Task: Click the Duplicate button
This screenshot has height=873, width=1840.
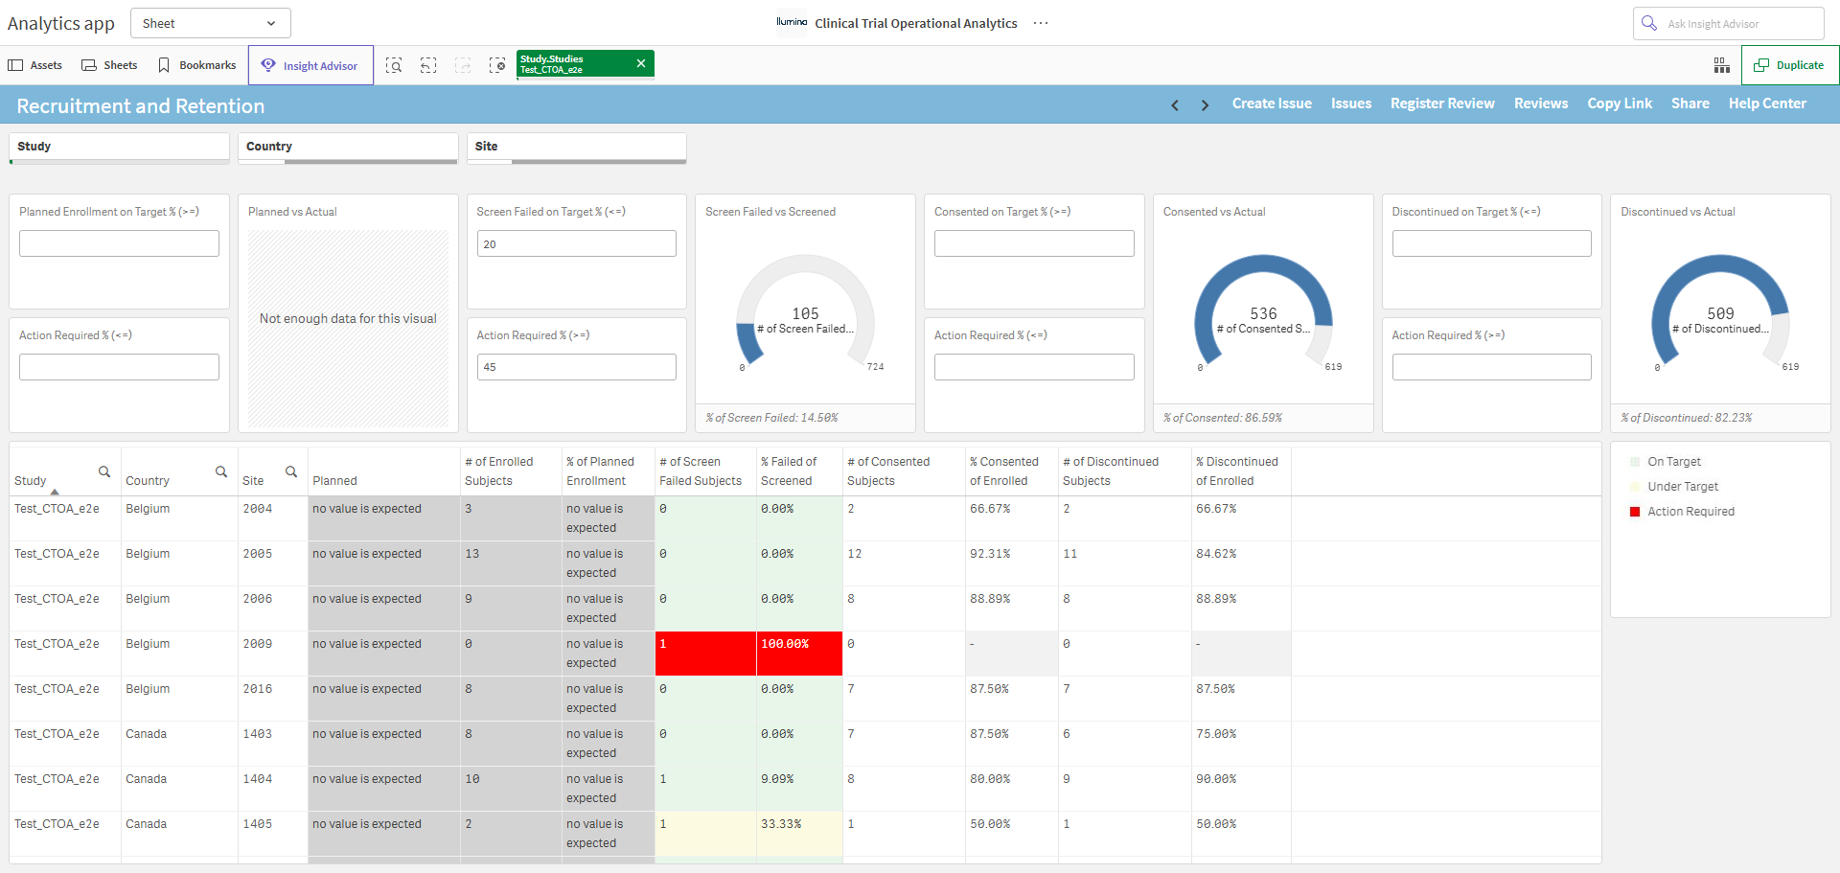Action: [1789, 65]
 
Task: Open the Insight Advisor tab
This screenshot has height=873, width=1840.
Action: [310, 65]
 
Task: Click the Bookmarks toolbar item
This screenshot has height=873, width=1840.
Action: [197, 65]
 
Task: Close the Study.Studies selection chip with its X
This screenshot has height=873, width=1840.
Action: [641, 63]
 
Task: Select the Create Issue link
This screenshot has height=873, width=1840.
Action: [1272, 103]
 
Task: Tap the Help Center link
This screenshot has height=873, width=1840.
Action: [1767, 103]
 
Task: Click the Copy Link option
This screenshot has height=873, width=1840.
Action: [1620, 103]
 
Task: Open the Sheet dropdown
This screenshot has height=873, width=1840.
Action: [210, 23]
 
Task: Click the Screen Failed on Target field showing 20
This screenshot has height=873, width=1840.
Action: [576, 243]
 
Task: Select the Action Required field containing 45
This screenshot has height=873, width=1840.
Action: [576, 367]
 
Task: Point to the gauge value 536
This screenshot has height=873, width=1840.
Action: [1263, 313]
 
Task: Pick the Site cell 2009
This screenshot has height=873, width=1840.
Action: [258, 644]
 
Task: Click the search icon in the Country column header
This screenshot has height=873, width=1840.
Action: [221, 471]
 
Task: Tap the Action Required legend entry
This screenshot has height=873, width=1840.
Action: [1690, 512]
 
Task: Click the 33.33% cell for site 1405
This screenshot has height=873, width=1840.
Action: [781, 824]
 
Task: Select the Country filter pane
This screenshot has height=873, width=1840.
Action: [347, 148]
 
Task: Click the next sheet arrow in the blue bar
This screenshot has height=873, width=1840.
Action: [1205, 105]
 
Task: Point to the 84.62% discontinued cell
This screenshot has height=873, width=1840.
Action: [1216, 554]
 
